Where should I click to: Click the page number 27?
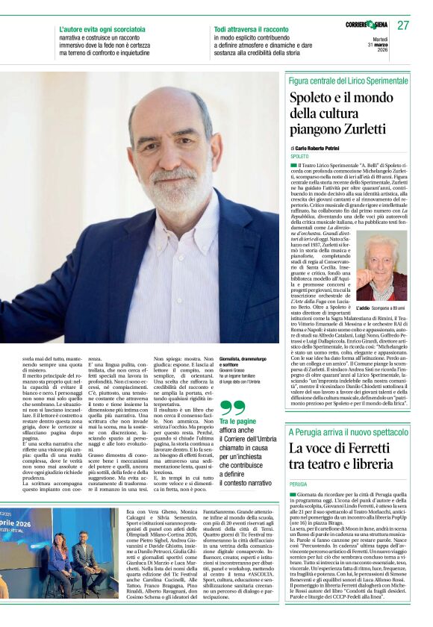[404, 25]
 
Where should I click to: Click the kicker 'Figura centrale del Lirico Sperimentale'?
[348, 80]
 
